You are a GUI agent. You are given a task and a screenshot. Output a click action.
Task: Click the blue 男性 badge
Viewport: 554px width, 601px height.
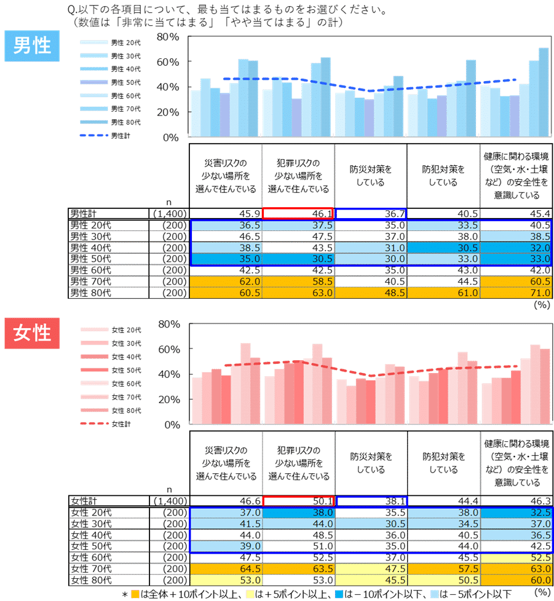point(31,46)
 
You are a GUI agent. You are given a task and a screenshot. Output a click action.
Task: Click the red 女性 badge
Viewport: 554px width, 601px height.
point(31,333)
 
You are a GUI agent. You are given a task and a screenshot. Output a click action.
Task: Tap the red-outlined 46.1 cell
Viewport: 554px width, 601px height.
point(298,213)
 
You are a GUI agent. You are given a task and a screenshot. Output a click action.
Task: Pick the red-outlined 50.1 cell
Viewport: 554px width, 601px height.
point(298,501)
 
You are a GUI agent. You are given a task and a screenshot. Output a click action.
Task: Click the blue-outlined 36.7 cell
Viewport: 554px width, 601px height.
point(371,213)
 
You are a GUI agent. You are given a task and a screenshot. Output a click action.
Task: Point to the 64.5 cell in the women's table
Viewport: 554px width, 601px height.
point(226,569)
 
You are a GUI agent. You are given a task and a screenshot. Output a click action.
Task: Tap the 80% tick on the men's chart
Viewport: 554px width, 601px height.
point(167,37)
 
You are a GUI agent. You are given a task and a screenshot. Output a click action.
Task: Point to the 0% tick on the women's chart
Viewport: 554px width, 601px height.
point(172,425)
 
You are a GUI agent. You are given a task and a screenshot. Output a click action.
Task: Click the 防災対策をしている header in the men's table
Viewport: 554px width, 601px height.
point(371,175)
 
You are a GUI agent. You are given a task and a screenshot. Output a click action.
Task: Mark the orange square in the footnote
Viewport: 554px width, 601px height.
point(135,594)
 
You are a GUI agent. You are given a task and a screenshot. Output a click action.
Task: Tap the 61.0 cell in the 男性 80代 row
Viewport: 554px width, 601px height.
point(443,293)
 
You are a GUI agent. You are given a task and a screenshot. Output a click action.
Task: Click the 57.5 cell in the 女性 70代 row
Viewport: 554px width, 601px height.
point(443,569)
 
